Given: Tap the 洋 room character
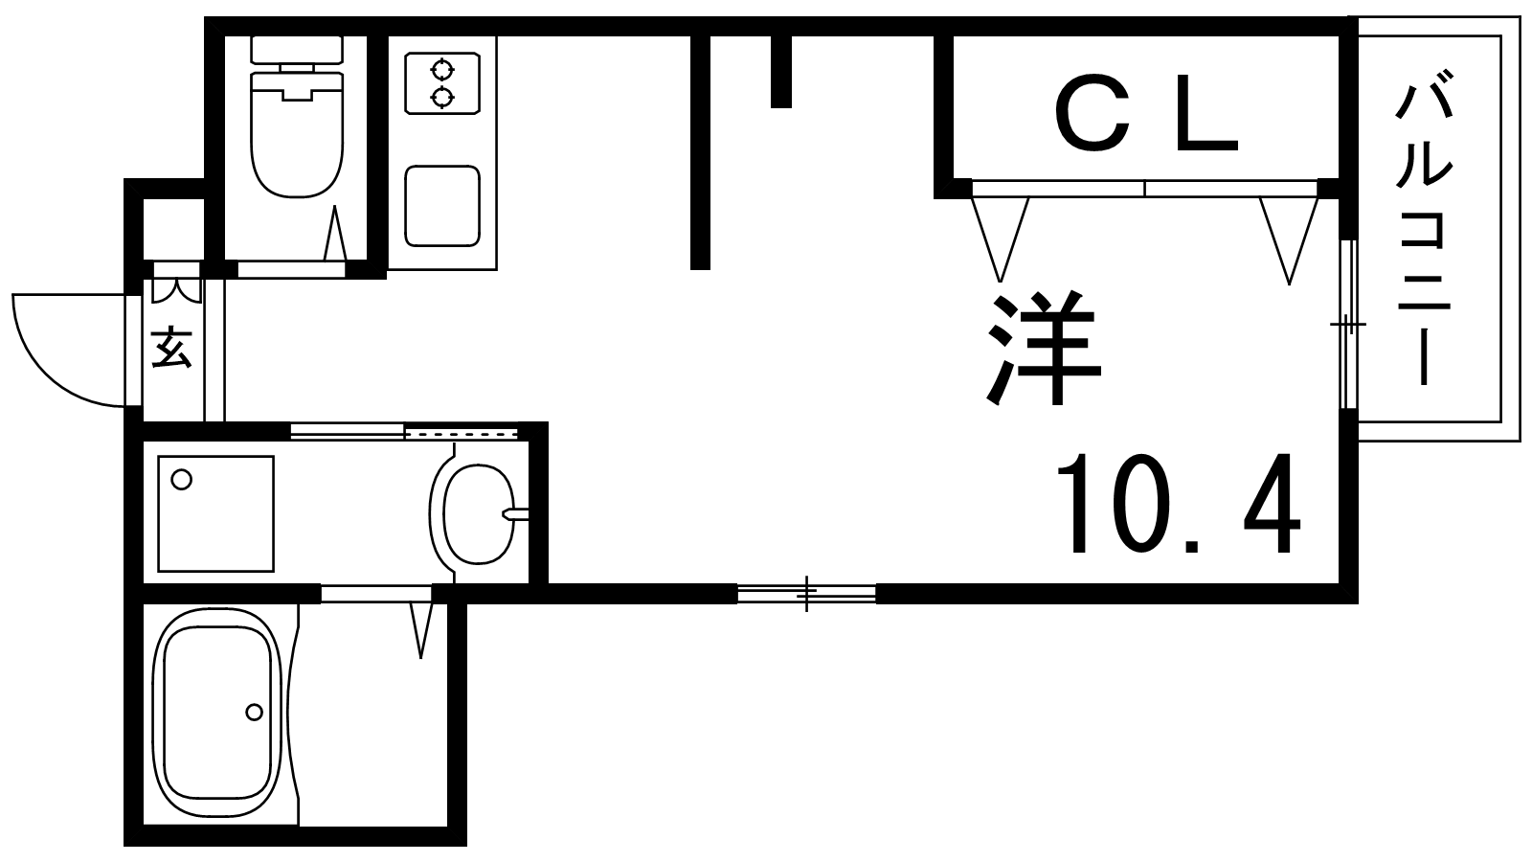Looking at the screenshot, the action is click(x=1044, y=349).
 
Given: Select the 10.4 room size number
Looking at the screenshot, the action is click(x=1178, y=504).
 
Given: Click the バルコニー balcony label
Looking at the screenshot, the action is click(x=1424, y=235).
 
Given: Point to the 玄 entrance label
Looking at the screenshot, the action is click(x=171, y=348).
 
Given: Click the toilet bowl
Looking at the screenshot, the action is click(x=297, y=135).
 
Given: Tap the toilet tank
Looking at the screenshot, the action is click(x=297, y=50).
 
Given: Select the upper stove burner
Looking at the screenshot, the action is click(x=442, y=69).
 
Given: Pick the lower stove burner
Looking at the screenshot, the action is click(x=442, y=97).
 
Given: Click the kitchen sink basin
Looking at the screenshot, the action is click(x=441, y=206).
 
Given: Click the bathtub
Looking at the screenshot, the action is click(x=217, y=711).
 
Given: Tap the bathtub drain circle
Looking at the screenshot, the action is click(x=255, y=713).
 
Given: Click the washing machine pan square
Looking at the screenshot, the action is click(x=216, y=513).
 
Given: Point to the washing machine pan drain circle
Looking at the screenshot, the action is click(x=182, y=480).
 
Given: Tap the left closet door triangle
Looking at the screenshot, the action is click(x=1000, y=239).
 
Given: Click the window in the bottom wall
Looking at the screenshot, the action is click(x=807, y=593).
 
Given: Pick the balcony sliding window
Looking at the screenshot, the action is click(x=1348, y=324).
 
